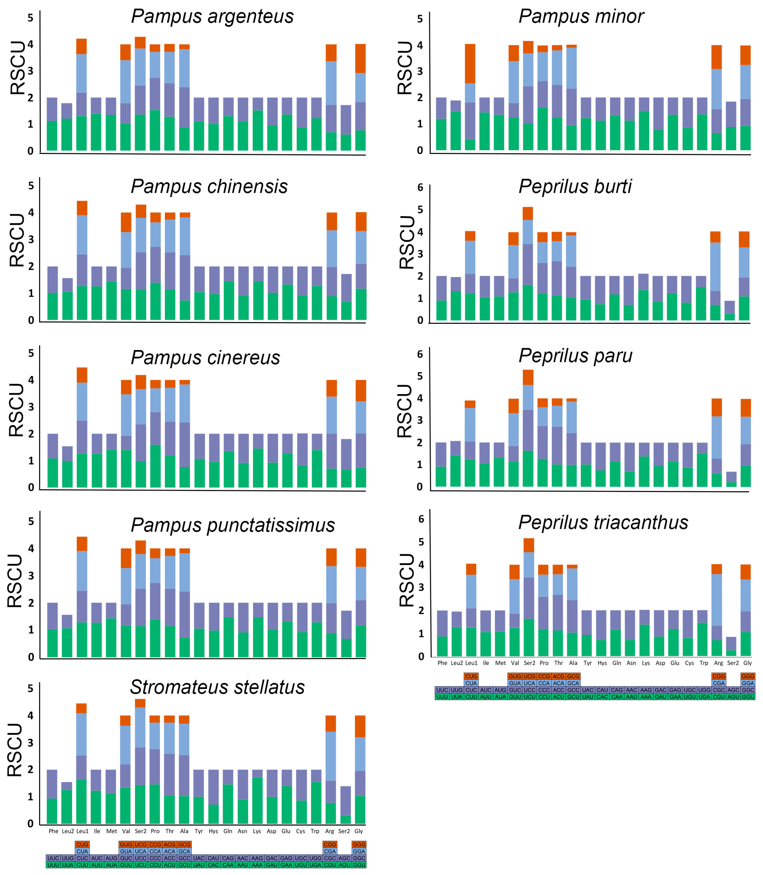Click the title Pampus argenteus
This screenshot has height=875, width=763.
212,16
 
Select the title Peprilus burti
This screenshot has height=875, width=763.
575,187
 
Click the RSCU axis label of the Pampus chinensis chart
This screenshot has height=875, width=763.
17,241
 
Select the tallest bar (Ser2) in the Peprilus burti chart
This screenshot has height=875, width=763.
528,264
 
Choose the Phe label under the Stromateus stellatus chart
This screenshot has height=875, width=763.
53,831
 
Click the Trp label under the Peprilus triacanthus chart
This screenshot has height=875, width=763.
704,663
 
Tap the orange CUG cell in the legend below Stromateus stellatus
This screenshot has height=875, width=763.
82,844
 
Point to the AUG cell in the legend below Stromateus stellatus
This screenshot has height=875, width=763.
111,858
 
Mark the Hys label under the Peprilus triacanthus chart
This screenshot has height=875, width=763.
602,663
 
